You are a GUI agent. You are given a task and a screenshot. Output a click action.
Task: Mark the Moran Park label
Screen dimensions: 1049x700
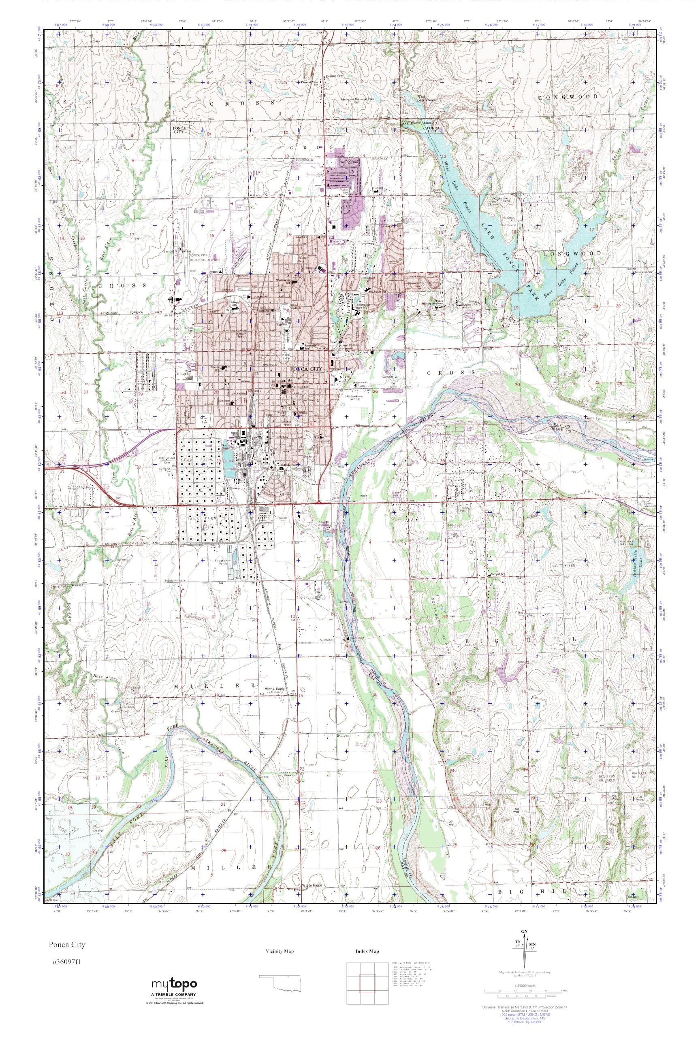tap(192, 420)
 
